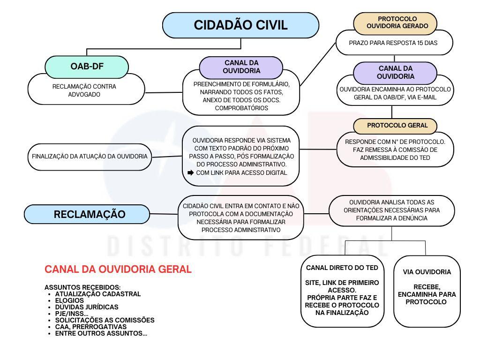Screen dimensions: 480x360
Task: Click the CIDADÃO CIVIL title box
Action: tap(240, 25)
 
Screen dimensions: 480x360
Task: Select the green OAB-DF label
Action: tap(87, 67)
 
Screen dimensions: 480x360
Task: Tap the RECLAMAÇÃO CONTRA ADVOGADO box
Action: tap(86, 89)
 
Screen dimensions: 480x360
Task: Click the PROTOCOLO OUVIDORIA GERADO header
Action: tap(395, 22)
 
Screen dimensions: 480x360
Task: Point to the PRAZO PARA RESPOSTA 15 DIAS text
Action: tap(393, 43)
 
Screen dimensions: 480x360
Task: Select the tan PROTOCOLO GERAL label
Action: tap(395, 126)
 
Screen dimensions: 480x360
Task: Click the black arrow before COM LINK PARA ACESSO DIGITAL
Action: tap(190, 172)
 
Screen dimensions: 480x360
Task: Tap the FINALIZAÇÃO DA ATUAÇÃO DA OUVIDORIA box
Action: tap(90, 157)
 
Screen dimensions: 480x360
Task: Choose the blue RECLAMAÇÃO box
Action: tap(87, 214)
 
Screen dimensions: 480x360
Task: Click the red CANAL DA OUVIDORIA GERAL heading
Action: tap(118, 270)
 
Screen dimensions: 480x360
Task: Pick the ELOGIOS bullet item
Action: tap(69, 300)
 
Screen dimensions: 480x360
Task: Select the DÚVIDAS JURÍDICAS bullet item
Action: tap(87, 307)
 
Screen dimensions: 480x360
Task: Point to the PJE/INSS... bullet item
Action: tap(72, 314)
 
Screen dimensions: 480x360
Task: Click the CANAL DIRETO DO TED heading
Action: tap(342, 268)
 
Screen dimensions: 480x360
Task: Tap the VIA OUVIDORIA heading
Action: tap(427, 272)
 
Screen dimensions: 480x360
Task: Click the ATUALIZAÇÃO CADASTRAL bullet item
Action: tap(98, 294)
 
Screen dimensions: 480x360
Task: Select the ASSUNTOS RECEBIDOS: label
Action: tap(82, 287)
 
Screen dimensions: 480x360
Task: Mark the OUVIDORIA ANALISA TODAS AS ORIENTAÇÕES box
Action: tap(392, 210)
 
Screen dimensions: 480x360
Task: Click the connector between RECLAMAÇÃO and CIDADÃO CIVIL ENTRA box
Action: tap(164, 214)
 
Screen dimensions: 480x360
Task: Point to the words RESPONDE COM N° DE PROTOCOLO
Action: tap(395, 142)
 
